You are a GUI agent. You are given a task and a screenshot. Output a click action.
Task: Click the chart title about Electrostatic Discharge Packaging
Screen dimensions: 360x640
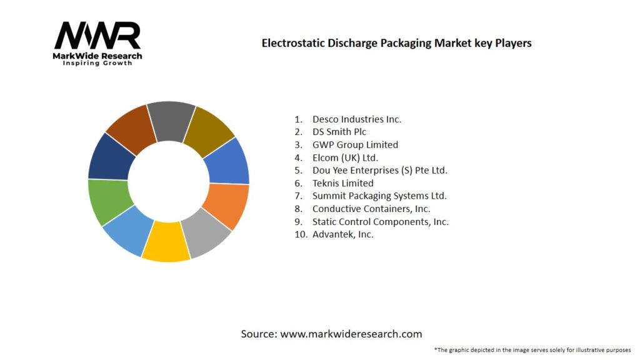click(396, 43)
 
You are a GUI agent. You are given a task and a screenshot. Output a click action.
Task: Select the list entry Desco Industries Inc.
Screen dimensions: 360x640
click(357, 119)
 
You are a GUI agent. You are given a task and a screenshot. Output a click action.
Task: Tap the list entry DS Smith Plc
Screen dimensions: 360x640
click(339, 132)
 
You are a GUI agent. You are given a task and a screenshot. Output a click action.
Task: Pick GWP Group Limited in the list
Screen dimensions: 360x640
click(355, 144)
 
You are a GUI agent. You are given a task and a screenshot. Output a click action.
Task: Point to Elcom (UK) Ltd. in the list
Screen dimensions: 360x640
click(345, 157)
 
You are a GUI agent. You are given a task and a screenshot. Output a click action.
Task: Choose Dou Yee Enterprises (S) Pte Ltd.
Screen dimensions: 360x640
click(380, 170)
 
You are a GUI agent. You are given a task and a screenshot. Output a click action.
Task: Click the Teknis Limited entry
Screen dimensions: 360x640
click(343, 183)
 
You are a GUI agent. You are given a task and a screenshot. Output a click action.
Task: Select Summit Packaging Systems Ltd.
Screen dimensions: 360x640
click(379, 196)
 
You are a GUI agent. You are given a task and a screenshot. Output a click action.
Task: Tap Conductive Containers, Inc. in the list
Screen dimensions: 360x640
click(371, 209)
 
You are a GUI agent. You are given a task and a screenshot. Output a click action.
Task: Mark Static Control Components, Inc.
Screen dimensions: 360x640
click(381, 221)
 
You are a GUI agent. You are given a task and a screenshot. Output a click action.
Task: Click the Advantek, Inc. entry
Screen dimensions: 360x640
click(343, 234)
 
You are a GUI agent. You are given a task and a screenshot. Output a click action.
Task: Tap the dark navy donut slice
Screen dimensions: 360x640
click(111, 157)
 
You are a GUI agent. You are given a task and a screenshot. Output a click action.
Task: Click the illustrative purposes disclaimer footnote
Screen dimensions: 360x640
click(532, 349)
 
